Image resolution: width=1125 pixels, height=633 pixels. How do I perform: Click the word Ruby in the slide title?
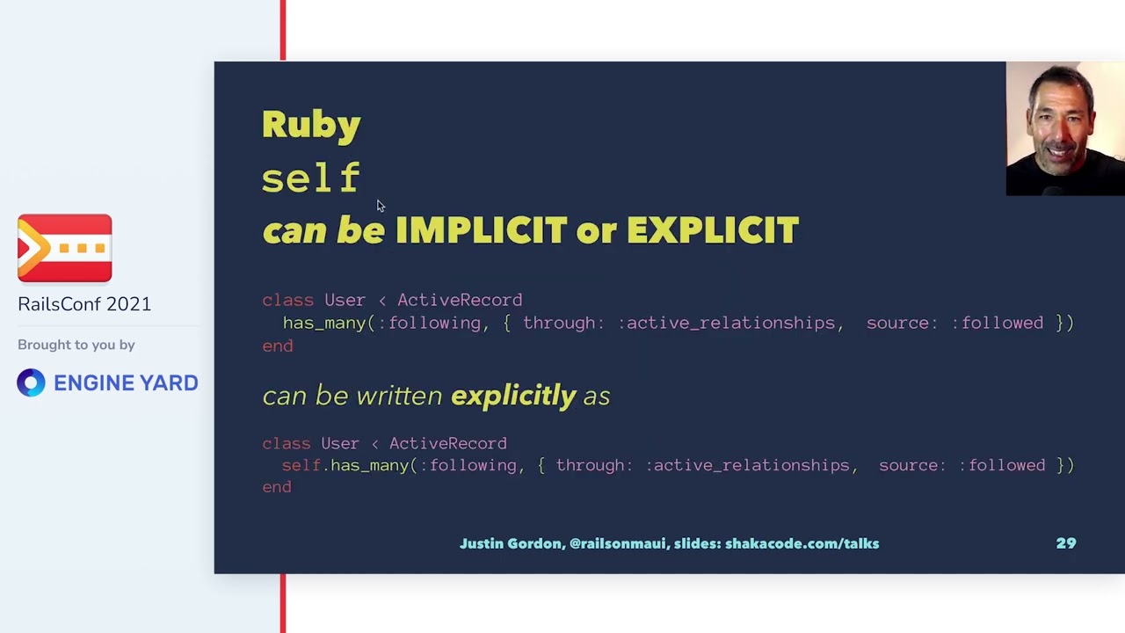click(x=311, y=125)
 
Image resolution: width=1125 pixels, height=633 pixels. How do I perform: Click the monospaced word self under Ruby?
click(x=311, y=178)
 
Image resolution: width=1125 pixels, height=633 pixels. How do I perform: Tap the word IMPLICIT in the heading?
click(x=481, y=230)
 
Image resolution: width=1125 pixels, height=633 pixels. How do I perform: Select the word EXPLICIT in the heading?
click(x=712, y=230)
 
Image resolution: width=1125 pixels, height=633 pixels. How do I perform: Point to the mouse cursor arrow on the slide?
click(x=380, y=206)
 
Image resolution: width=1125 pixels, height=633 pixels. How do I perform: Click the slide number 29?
click(x=1065, y=543)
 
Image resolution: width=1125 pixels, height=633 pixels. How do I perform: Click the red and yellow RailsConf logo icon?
click(x=65, y=248)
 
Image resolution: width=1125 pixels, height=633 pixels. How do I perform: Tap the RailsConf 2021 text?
click(x=84, y=304)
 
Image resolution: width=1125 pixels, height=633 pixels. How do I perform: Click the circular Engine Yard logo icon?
click(x=31, y=382)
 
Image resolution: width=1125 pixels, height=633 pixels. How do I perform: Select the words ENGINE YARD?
click(x=126, y=382)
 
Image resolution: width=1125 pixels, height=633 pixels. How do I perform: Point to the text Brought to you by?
click(x=76, y=345)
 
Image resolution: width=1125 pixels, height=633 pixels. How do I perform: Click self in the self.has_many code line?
click(x=301, y=465)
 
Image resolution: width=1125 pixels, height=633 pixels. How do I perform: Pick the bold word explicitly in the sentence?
click(x=513, y=396)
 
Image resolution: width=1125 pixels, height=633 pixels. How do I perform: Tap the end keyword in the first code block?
click(x=278, y=346)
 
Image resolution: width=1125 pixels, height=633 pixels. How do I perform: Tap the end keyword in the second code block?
click(x=277, y=486)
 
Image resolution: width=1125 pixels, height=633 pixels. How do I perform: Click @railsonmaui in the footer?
click(x=617, y=543)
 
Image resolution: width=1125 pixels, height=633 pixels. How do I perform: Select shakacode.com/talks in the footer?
click(x=802, y=543)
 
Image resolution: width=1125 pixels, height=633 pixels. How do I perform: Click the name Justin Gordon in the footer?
click(x=510, y=543)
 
